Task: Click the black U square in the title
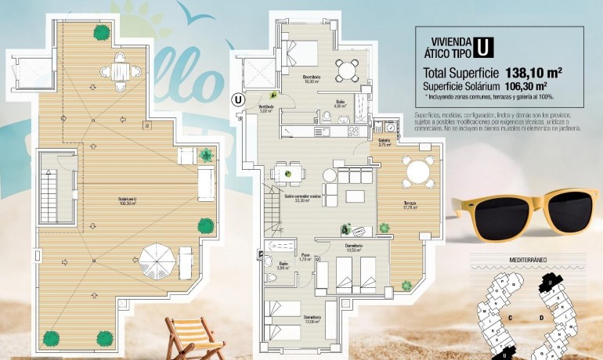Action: click(x=485, y=46)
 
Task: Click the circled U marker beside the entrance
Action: click(x=237, y=99)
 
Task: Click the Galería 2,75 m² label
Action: click(x=385, y=143)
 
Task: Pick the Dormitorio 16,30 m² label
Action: click(x=312, y=78)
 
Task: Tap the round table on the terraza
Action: click(x=418, y=171)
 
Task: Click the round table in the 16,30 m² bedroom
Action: click(x=348, y=69)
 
